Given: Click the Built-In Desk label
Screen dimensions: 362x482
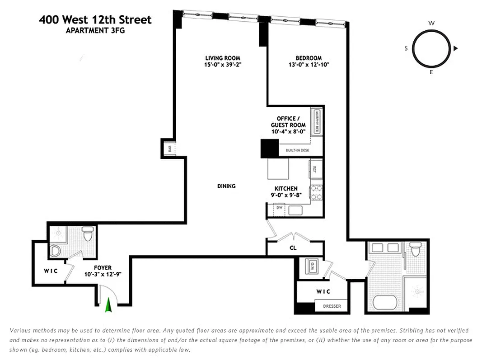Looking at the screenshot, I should tap(297, 151).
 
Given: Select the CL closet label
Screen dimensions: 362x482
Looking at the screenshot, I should tap(293, 248).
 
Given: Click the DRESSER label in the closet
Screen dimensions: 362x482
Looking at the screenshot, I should tap(332, 306).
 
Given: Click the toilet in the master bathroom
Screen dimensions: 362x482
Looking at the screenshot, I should tap(416, 249).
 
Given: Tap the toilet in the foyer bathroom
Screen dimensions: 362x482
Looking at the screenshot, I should tap(87, 235).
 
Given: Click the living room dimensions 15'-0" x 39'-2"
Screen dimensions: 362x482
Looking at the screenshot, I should tap(223, 64).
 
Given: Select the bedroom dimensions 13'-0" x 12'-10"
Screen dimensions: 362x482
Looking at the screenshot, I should tap(309, 64).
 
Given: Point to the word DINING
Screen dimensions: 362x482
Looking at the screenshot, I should tap(226, 186).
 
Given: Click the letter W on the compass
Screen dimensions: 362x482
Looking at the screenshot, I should tap(431, 23).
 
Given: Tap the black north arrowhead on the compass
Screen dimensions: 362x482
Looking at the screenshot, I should tap(456, 48).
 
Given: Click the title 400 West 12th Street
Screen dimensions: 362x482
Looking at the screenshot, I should tap(95, 19).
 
